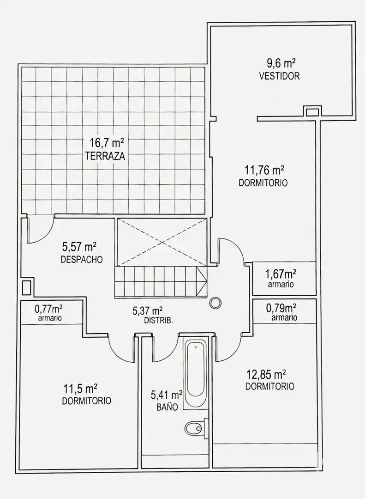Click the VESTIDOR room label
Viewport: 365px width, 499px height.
click(x=280, y=76)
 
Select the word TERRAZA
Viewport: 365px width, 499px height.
click(x=105, y=157)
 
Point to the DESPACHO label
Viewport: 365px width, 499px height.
click(x=82, y=259)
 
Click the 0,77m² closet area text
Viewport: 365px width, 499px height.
click(x=48, y=308)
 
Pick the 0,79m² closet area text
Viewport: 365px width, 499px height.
click(x=281, y=308)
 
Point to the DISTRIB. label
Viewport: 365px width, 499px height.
click(x=159, y=321)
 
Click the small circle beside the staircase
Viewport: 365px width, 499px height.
click(x=215, y=302)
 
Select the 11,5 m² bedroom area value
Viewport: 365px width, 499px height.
click(x=80, y=389)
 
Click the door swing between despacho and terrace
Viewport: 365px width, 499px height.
click(x=41, y=230)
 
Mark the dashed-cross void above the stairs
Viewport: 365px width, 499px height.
click(x=162, y=242)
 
